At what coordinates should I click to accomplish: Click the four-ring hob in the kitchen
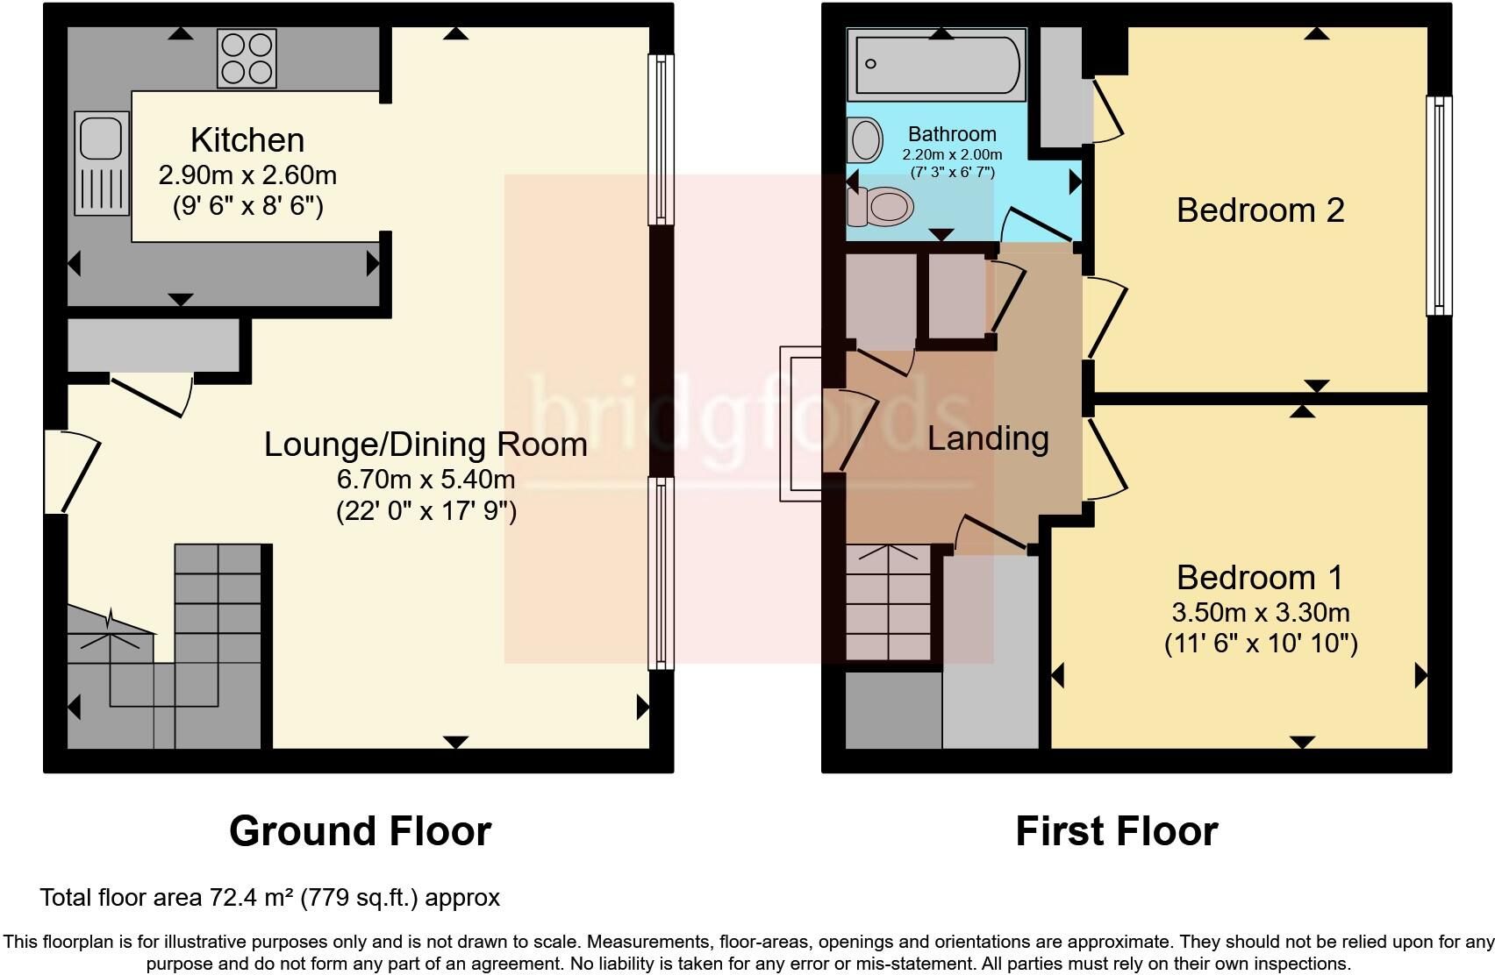[x=247, y=59]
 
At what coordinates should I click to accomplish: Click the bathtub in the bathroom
[x=937, y=65]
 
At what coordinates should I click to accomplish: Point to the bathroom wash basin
[x=866, y=140]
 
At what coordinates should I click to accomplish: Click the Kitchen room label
[x=247, y=140]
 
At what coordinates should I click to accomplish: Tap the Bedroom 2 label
[x=1260, y=210]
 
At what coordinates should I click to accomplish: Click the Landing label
[x=988, y=438]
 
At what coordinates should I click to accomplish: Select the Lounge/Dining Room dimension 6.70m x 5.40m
[x=426, y=480]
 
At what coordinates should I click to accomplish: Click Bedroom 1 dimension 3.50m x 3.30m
[x=1260, y=612]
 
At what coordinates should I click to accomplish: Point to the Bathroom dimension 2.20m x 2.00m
[x=952, y=154]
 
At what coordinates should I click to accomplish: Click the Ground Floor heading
[x=360, y=831]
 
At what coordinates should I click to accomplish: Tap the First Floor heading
[x=1116, y=831]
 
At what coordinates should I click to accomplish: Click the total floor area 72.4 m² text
[x=269, y=898]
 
